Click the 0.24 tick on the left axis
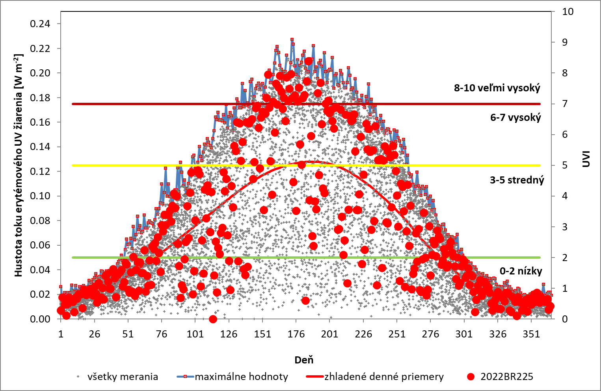(40, 24)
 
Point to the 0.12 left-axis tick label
(40, 171)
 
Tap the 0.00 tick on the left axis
(40, 319)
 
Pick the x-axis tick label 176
(296, 334)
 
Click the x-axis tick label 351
(531, 334)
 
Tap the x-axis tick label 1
(61, 334)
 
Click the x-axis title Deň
(304, 359)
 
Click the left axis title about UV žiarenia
(19, 165)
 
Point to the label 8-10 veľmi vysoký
(497, 88)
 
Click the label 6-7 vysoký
(515, 117)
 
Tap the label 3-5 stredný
(517, 180)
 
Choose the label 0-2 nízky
(521, 271)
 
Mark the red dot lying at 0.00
(213, 319)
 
